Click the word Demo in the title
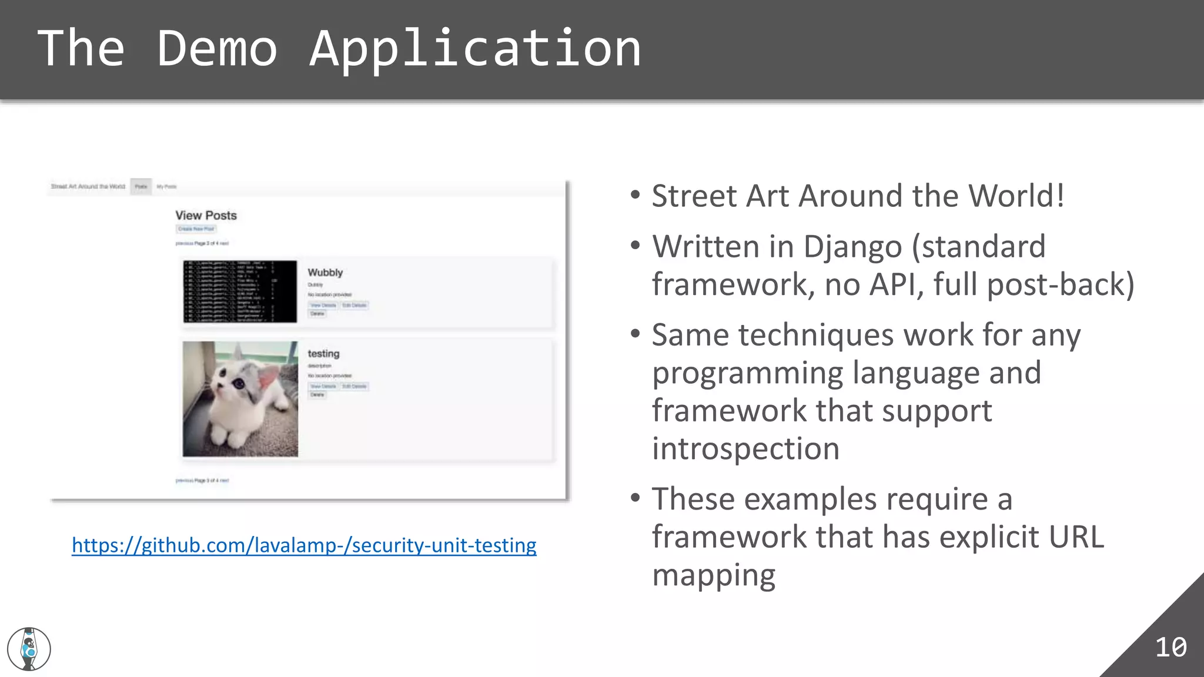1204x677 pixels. pyautogui.click(x=216, y=48)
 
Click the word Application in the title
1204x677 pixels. pyautogui.click(x=475, y=48)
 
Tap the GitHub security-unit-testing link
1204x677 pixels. pyautogui.click(x=304, y=545)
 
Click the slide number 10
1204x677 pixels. pyautogui.click(x=1170, y=647)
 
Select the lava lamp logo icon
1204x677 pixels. pyautogui.click(x=29, y=649)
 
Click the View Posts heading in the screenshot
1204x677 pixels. pyautogui.click(x=206, y=216)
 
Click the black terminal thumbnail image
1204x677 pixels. pyautogui.click(x=240, y=291)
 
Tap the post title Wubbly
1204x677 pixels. pyautogui.click(x=325, y=273)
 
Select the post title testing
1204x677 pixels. pyautogui.click(x=323, y=354)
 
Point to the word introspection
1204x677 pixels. pyautogui.click(x=745, y=449)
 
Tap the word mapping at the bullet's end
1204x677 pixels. pyautogui.click(x=714, y=575)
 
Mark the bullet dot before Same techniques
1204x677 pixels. pyautogui.click(x=635, y=334)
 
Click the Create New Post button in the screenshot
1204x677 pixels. pyautogui.click(x=196, y=229)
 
